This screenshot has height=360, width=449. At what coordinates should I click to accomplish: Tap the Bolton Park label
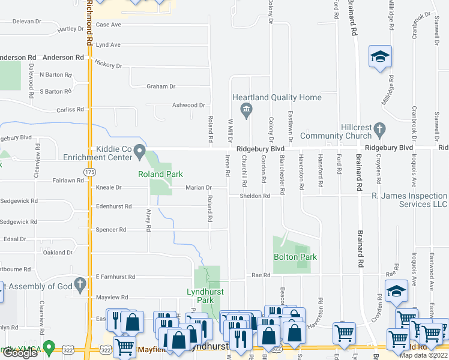(295, 257)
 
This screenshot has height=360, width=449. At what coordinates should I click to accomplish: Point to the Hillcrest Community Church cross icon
(379, 128)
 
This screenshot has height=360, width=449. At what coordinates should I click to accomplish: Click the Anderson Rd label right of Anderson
(63, 58)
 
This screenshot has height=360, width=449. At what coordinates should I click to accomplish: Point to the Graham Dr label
(161, 86)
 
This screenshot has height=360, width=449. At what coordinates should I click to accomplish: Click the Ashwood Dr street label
(189, 105)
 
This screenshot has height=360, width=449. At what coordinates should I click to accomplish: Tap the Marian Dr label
(198, 188)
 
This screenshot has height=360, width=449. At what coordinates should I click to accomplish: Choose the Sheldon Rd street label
(255, 196)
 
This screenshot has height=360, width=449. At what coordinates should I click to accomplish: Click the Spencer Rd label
(111, 230)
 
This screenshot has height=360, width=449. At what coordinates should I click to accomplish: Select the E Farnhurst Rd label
(113, 277)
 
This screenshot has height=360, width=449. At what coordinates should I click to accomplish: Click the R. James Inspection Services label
(410, 200)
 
